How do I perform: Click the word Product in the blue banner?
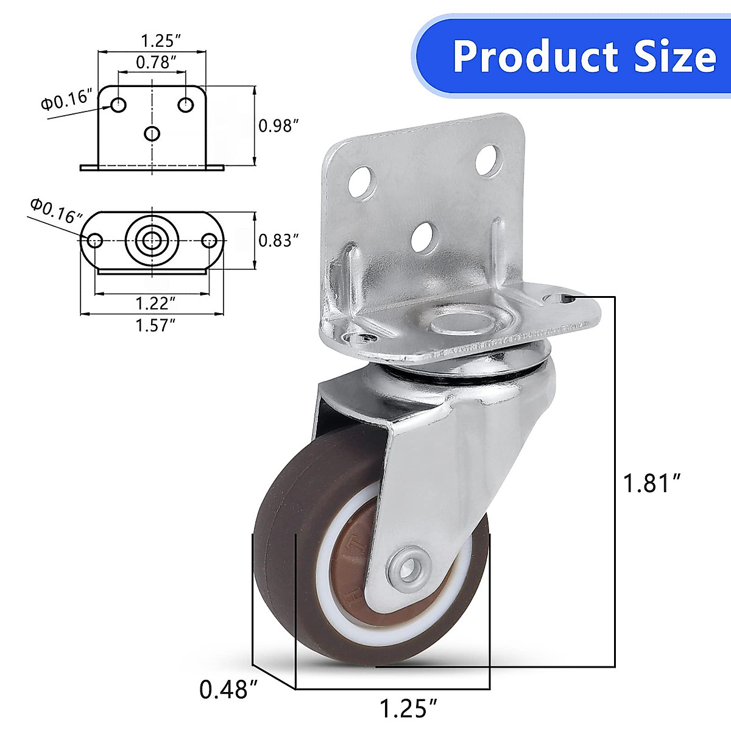click(537, 57)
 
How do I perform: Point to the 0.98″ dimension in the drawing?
click(278, 126)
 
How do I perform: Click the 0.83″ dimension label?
click(278, 240)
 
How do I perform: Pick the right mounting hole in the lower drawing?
click(209, 240)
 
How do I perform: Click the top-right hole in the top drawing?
click(185, 105)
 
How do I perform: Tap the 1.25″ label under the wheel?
click(409, 708)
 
